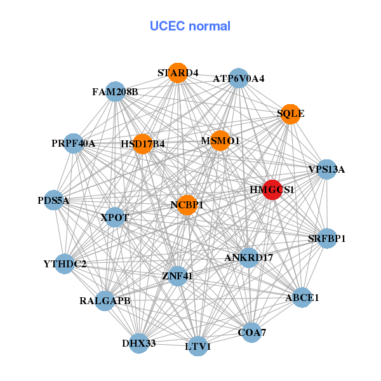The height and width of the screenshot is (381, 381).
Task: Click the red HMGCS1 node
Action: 272,190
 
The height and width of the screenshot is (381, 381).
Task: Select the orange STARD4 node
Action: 178,73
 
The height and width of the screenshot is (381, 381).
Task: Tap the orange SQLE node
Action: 290,114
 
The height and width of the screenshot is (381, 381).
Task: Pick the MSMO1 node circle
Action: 220,140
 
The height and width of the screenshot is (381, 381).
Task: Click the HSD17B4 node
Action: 143,144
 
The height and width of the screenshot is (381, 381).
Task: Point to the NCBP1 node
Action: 187,204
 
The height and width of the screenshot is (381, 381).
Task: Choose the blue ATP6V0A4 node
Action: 238,78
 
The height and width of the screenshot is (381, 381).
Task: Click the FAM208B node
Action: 115,91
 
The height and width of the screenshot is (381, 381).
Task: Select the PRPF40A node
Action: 74,144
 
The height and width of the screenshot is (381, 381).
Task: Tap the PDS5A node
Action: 54,201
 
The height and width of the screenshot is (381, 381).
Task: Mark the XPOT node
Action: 115,217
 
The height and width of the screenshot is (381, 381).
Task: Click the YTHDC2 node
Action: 65,263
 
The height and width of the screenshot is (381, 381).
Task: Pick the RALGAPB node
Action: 105,300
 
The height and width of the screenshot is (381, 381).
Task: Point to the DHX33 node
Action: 139,344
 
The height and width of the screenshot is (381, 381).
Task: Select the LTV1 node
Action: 198,346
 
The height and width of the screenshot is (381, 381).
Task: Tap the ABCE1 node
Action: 302,297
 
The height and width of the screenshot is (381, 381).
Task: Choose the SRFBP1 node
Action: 326,239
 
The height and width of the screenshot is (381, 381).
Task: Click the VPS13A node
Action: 326,170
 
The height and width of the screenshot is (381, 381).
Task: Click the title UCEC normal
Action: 190,26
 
